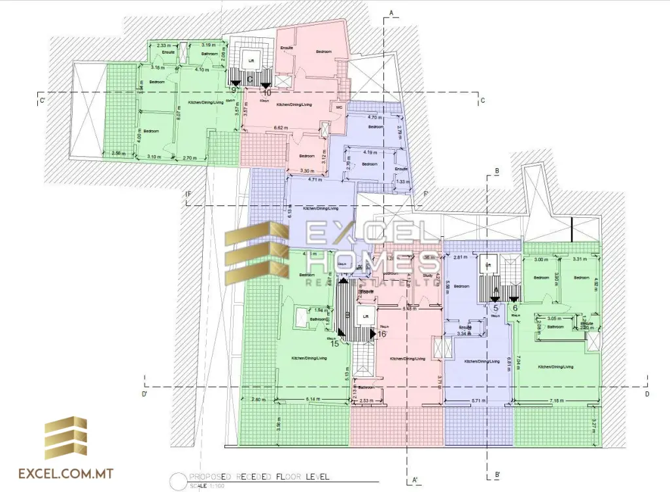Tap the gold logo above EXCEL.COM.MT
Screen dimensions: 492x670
pyautogui.click(x=65, y=439)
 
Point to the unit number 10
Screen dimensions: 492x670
pyautogui.click(x=267, y=94)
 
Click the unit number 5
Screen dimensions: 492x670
pyautogui.click(x=495, y=307)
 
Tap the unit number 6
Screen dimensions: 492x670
pyautogui.click(x=516, y=307)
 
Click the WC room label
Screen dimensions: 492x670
pyautogui.click(x=339, y=107)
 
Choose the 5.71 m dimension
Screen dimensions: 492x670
pyautogui.click(x=476, y=399)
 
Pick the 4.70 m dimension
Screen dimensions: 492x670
pyautogui.click(x=376, y=118)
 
